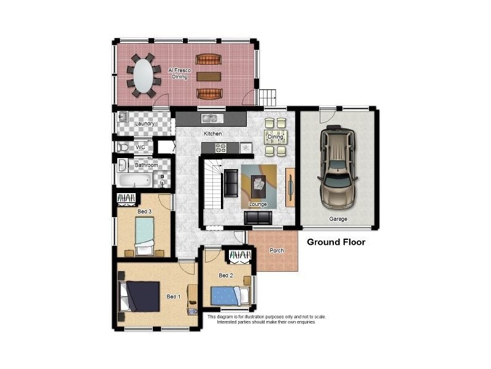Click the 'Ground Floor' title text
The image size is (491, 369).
336,242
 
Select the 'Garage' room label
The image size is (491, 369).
338,219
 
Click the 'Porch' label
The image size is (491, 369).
277,250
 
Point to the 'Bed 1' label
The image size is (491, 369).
174,296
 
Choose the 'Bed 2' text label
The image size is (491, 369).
226,275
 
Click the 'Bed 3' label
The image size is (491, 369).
145,212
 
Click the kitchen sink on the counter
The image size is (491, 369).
211,117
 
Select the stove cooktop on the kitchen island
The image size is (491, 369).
220,148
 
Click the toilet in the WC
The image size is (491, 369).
123,148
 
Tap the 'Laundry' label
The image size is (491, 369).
145,124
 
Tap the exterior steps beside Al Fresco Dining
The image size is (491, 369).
267,97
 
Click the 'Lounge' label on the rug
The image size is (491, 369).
257,204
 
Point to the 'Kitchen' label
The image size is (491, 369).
212,133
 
